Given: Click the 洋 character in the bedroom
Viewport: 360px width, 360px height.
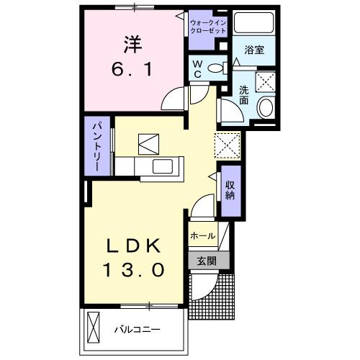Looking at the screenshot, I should click(x=130, y=44).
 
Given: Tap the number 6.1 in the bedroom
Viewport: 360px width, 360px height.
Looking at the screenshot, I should click(x=130, y=71).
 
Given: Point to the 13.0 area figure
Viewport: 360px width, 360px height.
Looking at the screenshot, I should click(x=136, y=271).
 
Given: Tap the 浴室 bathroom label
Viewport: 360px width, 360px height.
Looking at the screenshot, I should click(x=253, y=51).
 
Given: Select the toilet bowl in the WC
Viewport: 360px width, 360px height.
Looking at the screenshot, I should click(x=213, y=69).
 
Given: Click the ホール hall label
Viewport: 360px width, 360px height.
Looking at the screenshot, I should click(x=202, y=235).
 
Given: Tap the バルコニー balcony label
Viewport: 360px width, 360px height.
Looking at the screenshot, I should click(x=136, y=330).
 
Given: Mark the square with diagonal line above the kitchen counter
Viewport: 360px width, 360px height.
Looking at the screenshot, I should click(x=149, y=143).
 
